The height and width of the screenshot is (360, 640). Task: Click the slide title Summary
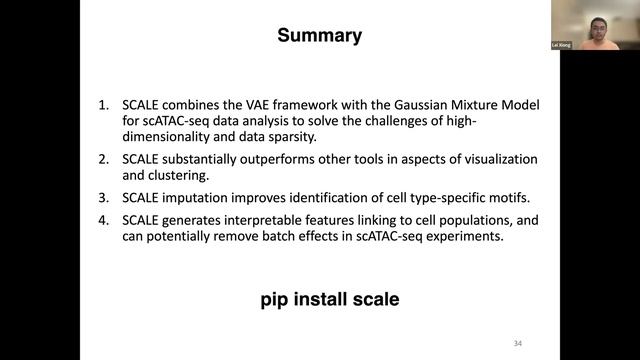tap(319, 37)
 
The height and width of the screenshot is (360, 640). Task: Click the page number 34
tap(516, 341)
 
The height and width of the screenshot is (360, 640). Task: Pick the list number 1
tap(103, 105)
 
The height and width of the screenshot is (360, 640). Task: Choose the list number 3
tap(103, 199)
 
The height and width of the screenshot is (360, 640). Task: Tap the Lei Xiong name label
tap(561, 46)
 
